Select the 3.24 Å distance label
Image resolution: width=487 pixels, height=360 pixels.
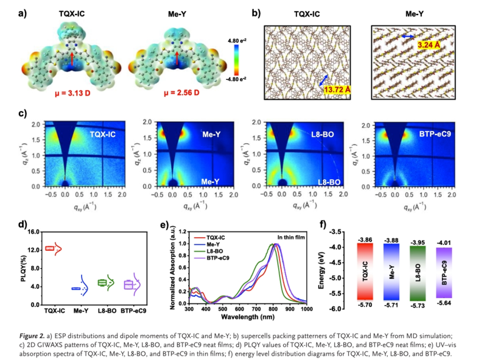tap(432, 44)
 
